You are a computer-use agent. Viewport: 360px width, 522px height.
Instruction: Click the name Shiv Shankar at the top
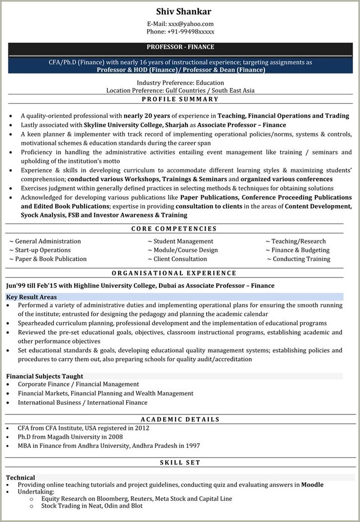[180, 11]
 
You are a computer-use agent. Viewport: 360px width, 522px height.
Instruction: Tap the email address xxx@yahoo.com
[190, 24]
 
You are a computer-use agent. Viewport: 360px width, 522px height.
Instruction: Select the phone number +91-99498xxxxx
[191, 32]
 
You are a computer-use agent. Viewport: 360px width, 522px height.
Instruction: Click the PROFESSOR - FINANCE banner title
[180, 47]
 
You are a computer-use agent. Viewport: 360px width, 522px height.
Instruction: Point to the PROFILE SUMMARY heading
[180, 99]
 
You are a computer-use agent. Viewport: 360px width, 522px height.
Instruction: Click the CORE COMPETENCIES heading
[174, 228]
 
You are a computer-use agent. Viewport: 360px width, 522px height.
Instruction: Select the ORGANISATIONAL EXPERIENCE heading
[174, 273]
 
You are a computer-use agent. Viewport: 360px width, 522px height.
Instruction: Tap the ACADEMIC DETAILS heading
[180, 419]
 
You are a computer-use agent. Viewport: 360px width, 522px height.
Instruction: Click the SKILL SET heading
[180, 463]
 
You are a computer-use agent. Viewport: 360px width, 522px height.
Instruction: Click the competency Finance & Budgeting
[301, 250]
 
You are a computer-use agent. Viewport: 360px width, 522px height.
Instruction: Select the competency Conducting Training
[301, 259]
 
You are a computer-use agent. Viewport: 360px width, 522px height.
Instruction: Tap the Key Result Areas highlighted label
[31, 297]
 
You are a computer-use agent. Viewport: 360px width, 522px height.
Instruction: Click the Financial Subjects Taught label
[45, 376]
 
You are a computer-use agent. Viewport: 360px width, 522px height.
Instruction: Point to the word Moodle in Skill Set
[312, 484]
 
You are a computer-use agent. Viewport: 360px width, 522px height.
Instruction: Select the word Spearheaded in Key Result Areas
[37, 323]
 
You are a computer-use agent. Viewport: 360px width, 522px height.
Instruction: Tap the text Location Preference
[133, 90]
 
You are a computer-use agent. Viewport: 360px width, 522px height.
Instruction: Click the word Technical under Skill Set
[20, 478]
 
